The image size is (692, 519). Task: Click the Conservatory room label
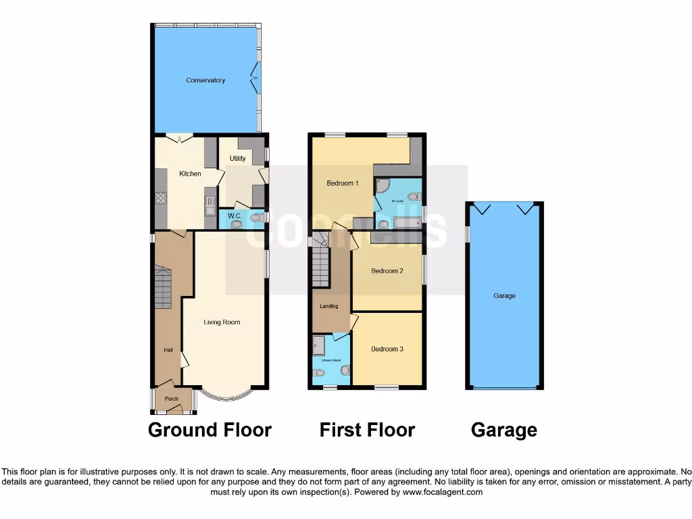pyautogui.click(x=205, y=80)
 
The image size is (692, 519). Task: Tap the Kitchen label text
pyautogui.click(x=190, y=174)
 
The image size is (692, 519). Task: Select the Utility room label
pyautogui.click(x=237, y=159)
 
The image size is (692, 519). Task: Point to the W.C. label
pyautogui.click(x=234, y=216)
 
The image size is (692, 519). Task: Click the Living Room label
pyautogui.click(x=222, y=322)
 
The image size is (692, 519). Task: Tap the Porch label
pyautogui.click(x=172, y=399)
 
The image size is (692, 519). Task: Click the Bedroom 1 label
pyautogui.click(x=342, y=183)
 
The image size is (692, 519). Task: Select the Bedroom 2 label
pyautogui.click(x=387, y=271)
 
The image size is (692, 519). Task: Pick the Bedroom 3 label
pyautogui.click(x=387, y=349)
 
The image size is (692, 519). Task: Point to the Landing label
pyautogui.click(x=329, y=306)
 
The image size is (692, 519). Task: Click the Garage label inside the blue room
pyautogui.click(x=504, y=296)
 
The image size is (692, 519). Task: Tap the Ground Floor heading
pyautogui.click(x=209, y=430)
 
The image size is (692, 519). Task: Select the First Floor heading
pyautogui.click(x=367, y=430)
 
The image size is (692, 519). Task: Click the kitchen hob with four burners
pyautogui.click(x=162, y=198)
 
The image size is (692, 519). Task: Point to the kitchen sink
pyautogui.click(x=210, y=201)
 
